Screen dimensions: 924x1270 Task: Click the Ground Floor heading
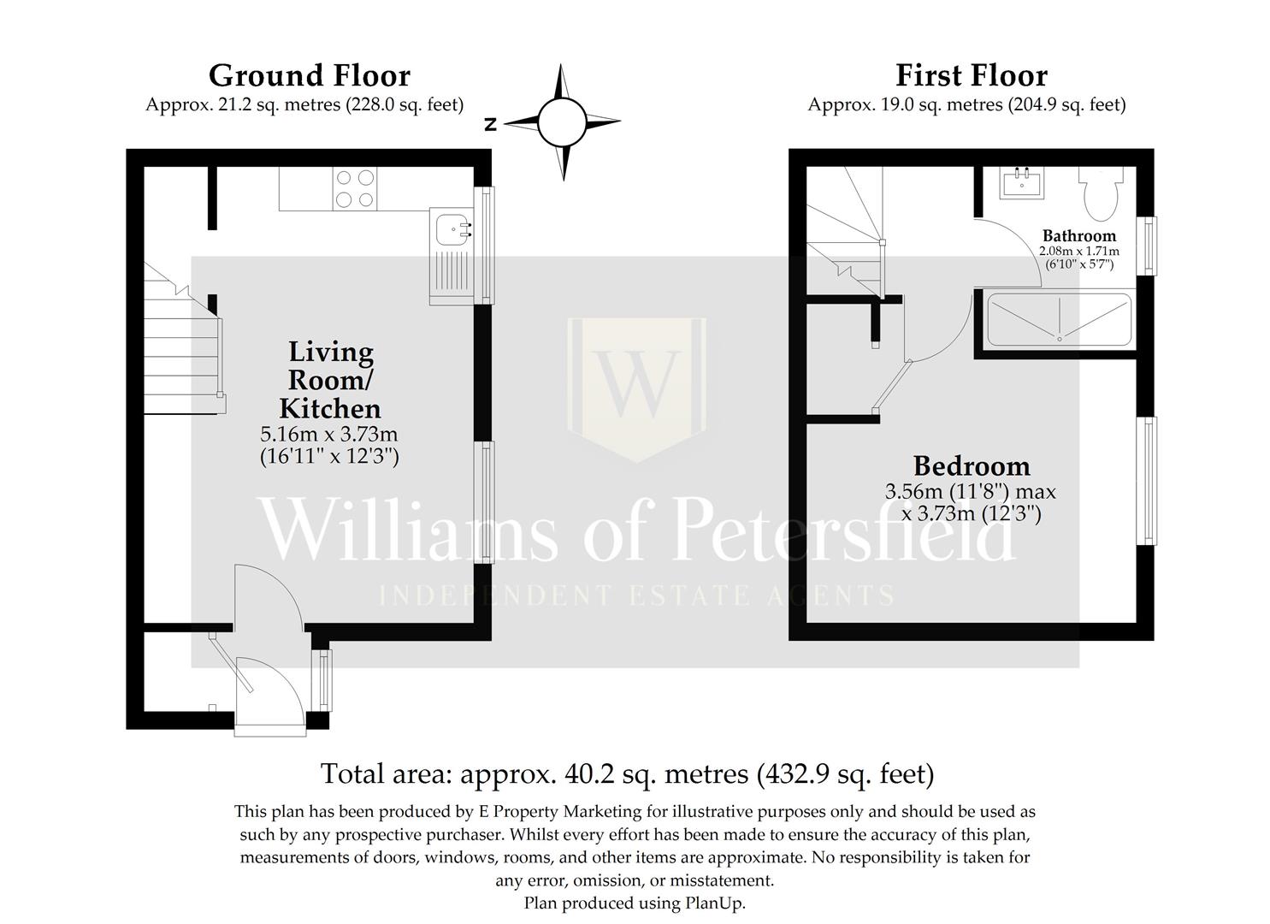(309, 76)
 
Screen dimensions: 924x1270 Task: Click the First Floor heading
(971, 76)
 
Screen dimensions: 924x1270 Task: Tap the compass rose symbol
(562, 122)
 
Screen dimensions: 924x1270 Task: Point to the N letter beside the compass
(491, 125)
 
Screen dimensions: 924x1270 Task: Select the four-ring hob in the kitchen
(356, 189)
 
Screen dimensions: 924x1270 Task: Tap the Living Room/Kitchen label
(330, 379)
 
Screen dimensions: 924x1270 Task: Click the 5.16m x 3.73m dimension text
(329, 434)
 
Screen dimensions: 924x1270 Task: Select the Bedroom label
(972, 466)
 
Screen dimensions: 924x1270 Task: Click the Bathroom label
(1078, 236)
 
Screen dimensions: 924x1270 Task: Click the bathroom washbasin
(1022, 182)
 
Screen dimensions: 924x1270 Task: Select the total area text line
(627, 773)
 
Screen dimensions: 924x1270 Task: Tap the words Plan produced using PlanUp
(634, 903)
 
